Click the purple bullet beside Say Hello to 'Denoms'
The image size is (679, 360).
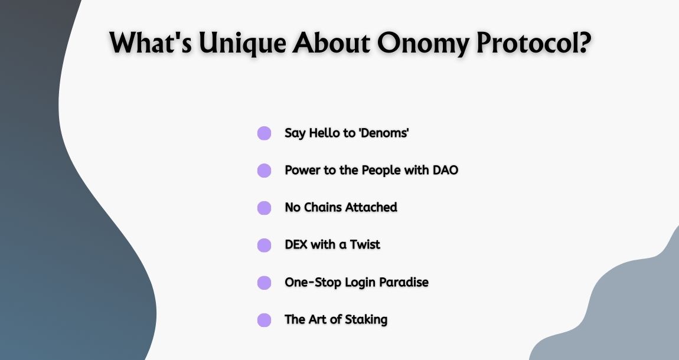[x=264, y=133]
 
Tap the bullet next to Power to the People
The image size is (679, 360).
[x=264, y=171]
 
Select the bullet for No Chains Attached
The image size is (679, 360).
[x=264, y=208]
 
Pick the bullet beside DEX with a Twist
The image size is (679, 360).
[x=264, y=245]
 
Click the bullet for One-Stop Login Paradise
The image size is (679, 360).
[x=264, y=283]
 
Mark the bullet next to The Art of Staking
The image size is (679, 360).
[x=264, y=320]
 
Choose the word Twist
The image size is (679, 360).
[x=365, y=244]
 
